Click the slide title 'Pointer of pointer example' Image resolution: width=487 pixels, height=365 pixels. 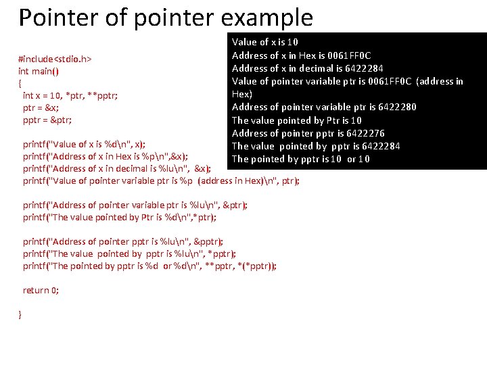pos(166,18)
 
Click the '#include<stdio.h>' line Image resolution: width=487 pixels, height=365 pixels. pos(54,59)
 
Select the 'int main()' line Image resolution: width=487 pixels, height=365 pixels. pos(38,71)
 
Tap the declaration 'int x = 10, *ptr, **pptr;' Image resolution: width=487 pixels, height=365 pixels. pos(70,95)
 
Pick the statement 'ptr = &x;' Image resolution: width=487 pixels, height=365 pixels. pos(41,107)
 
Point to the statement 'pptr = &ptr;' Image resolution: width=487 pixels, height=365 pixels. pos(47,120)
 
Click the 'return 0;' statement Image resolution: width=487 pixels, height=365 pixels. pos(41,290)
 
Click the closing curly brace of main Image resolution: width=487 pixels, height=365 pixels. pos(20,314)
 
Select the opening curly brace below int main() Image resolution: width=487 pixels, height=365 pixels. pos(20,83)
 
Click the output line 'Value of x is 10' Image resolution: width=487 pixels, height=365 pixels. pos(265,42)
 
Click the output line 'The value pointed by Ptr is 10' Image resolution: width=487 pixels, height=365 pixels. pos(287,120)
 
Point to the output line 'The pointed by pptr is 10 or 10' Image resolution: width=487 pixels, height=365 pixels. pos(301,159)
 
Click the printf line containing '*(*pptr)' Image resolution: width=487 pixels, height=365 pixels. pos(149,266)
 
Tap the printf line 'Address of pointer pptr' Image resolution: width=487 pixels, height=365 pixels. pos(123,241)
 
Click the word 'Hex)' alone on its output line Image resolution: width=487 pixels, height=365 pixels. pos(242,94)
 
